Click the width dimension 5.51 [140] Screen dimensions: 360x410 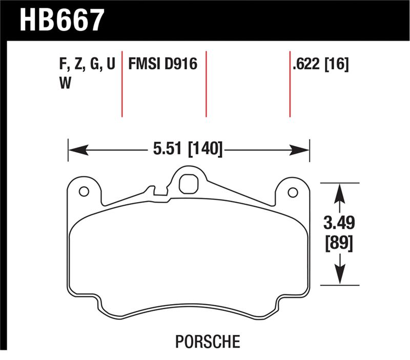(x=187, y=150)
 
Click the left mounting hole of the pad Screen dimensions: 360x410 (x=84, y=192)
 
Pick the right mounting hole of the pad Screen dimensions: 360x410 (x=293, y=192)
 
